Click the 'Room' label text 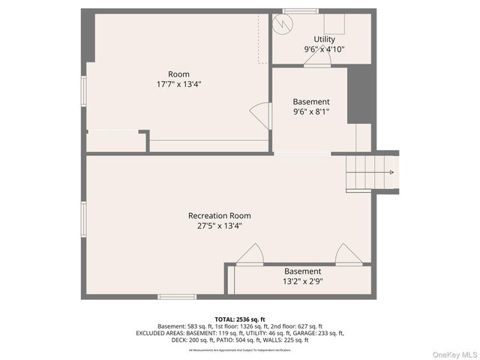pyautogui.click(x=178, y=74)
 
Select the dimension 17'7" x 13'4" pyautogui.click(x=178, y=85)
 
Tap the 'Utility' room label pyautogui.click(x=324, y=39)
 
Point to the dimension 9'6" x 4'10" pyautogui.click(x=324, y=49)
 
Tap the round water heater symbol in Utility pyautogui.click(x=281, y=24)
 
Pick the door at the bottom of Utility pyautogui.click(x=317, y=60)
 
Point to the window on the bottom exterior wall pyautogui.click(x=177, y=297)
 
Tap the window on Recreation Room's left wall pyautogui.click(x=84, y=223)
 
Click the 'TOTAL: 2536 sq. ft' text pyautogui.click(x=239, y=319)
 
